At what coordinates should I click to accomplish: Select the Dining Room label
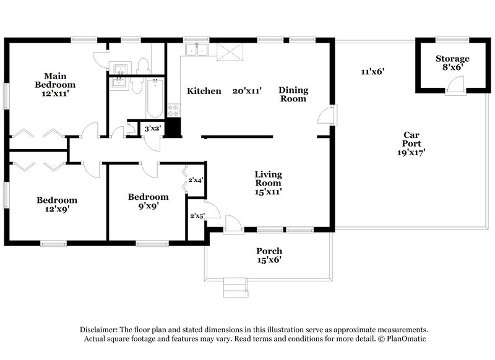click(x=293, y=94)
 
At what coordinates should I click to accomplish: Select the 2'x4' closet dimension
click(x=196, y=180)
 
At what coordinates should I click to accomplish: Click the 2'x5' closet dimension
click(x=197, y=215)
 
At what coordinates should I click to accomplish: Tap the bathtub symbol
click(x=155, y=97)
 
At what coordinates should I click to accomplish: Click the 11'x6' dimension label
click(x=373, y=71)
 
